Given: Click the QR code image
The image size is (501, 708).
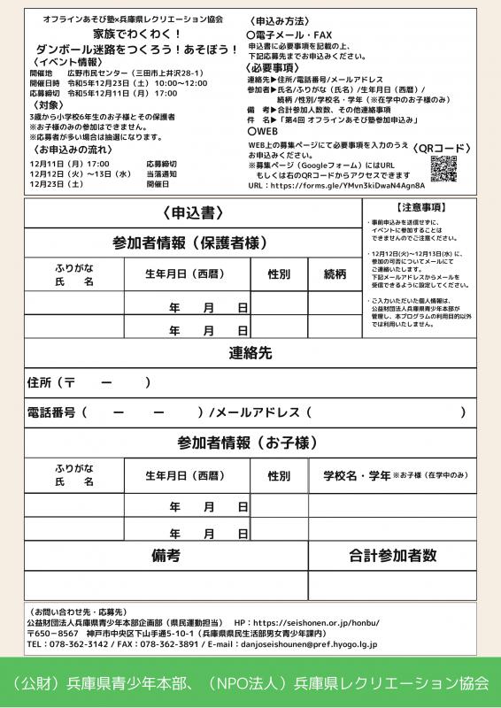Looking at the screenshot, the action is pos(447,168).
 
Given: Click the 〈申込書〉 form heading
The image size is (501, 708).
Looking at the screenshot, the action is pos(192,214).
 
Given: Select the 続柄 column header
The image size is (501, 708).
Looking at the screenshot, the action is pos(335,274).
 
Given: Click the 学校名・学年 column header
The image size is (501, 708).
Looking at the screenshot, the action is pos(356,475).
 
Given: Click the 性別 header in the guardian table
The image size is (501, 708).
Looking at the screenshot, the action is pos(279,274).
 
